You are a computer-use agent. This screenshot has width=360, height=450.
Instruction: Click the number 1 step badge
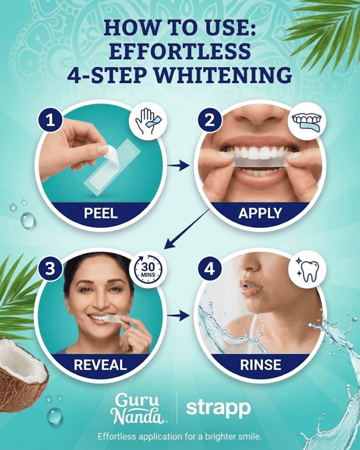51,121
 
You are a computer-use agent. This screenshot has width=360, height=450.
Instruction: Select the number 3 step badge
50,269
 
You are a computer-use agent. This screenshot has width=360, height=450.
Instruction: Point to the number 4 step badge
210,269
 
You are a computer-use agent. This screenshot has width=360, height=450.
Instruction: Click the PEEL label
101,213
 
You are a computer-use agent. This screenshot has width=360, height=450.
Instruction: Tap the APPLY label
260,213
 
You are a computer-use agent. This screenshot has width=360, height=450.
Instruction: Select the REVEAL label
100,365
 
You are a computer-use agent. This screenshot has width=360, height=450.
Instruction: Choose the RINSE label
261,365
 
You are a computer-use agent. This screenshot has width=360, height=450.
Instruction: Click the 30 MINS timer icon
148,269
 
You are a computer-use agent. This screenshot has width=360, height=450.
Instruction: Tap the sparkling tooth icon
307,269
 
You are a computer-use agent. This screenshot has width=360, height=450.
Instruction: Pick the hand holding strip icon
148,121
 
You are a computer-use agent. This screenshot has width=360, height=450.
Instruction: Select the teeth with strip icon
307,121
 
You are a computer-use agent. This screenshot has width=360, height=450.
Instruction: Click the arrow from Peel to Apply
178,165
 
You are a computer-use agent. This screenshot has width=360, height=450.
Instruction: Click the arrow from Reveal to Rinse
178,315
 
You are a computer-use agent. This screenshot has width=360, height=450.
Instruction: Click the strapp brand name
218,408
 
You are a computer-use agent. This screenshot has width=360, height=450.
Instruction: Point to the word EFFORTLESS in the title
180,51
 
